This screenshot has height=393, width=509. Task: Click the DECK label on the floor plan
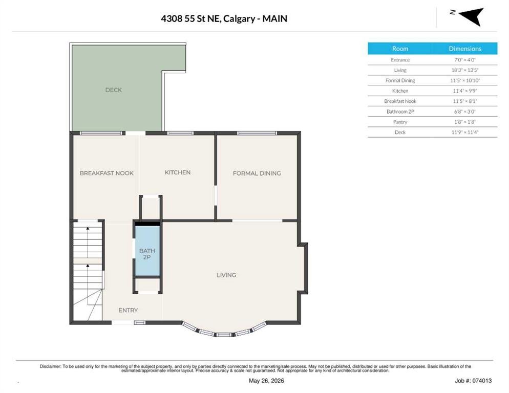click(113, 90)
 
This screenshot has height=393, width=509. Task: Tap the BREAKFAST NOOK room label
click(107, 173)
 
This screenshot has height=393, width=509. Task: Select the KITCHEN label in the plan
click(178, 172)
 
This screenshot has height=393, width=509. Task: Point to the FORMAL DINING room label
click(257, 173)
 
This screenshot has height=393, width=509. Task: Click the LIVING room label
click(226, 275)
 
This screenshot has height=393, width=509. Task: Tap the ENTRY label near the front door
click(128, 310)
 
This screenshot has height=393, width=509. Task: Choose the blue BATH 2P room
click(147, 251)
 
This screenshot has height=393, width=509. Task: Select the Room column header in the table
click(400, 49)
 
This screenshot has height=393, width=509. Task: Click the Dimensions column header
click(465, 49)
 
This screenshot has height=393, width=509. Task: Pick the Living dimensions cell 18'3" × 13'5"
click(465, 70)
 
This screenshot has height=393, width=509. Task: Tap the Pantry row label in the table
click(400, 122)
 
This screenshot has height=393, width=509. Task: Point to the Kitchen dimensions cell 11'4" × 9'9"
click(465, 91)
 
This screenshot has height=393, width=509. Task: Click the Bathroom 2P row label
click(400, 112)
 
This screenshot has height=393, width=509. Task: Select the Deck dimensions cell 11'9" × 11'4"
click(465, 133)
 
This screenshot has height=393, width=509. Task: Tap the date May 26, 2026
click(266, 381)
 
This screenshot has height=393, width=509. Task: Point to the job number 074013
click(482, 381)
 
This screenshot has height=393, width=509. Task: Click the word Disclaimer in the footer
click(50, 366)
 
